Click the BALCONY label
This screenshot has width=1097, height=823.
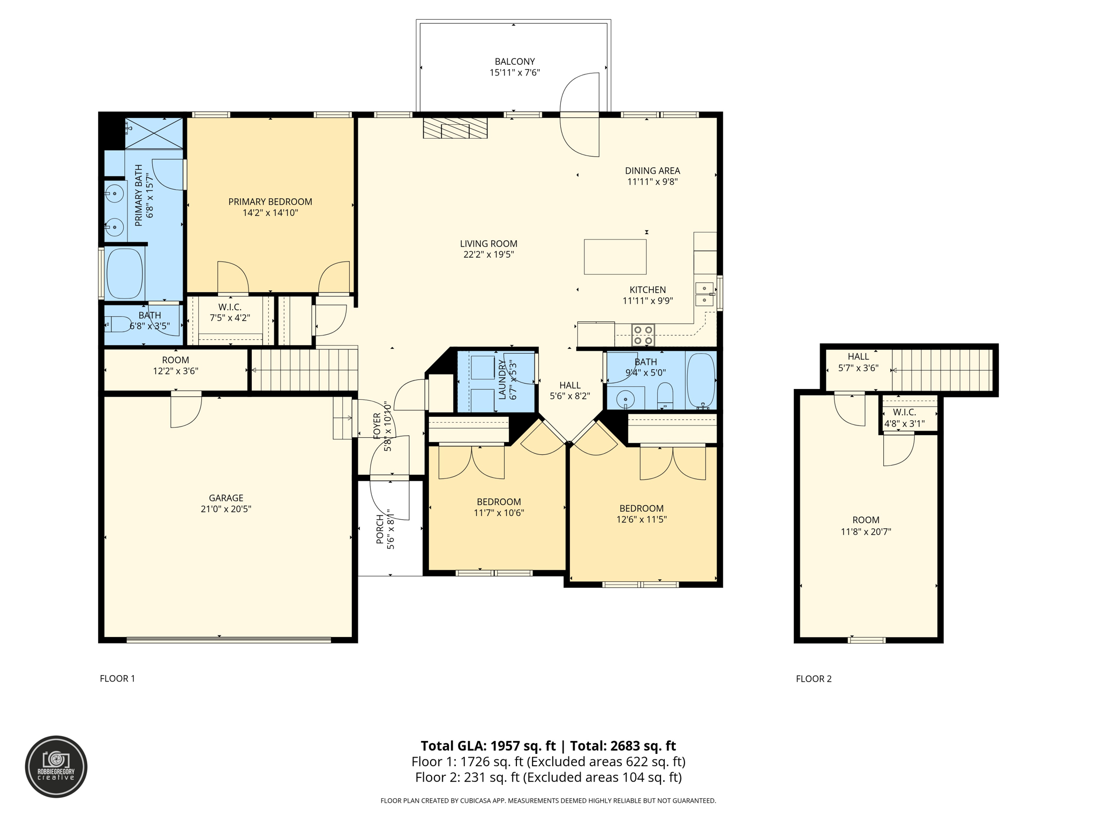515,62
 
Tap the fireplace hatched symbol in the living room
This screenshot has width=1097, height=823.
455,128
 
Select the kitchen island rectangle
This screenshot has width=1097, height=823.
615,257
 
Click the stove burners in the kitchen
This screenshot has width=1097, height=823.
643,335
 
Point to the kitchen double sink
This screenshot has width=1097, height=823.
704,294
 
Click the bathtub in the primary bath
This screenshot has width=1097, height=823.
125,273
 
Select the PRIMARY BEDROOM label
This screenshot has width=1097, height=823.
270,202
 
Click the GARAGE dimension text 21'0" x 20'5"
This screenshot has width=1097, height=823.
226,509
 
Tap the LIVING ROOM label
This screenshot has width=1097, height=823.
489,244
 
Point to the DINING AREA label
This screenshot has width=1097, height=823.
652,171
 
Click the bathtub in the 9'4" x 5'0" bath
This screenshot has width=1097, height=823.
701,380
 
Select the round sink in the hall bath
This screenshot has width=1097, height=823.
625,399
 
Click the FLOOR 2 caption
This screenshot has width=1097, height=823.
814,679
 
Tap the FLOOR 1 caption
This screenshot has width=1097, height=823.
117,679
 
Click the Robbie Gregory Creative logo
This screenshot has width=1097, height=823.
56,767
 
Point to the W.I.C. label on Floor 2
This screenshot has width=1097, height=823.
904,413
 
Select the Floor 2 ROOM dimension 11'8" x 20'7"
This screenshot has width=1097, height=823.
866,532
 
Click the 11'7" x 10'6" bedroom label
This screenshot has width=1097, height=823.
499,513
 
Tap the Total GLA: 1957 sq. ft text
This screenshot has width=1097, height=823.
488,746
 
